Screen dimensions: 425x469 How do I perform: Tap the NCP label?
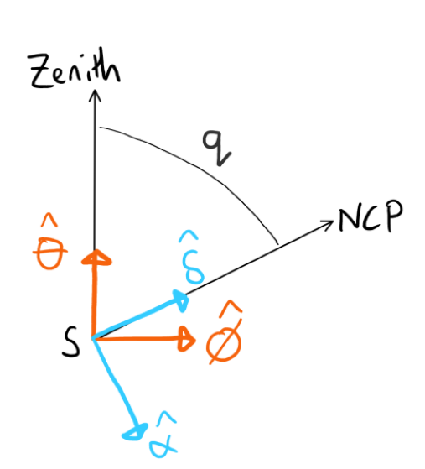point(371,216)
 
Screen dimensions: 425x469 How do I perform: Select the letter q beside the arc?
point(216,148)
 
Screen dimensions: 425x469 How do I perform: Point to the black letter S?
point(70,341)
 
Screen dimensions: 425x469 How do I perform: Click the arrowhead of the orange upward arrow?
point(96,258)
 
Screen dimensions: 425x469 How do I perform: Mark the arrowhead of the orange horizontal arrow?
point(186,339)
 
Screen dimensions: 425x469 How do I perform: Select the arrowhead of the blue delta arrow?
point(181,300)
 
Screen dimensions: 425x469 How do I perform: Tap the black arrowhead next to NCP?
point(328,224)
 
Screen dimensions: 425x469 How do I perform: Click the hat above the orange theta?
point(49,220)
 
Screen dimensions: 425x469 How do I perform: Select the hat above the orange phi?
point(231,308)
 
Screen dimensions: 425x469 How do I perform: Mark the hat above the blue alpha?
point(166,419)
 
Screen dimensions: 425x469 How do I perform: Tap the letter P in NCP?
point(394,216)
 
